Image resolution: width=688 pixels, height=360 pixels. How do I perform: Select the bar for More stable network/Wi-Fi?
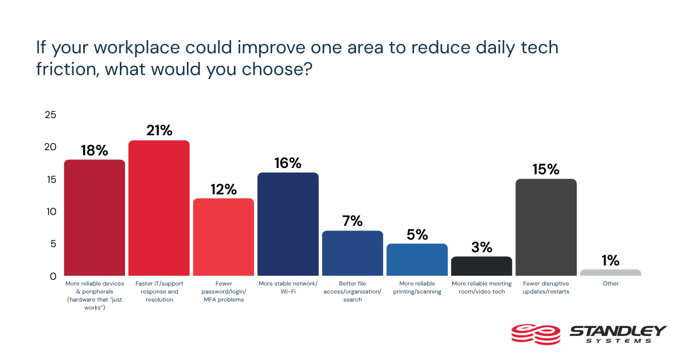(288, 224)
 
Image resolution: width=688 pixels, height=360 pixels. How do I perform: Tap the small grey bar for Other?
(611, 273)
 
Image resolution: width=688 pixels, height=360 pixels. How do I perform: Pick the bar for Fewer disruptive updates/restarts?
(546, 228)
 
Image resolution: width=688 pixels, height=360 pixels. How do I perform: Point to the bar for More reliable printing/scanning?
(417, 260)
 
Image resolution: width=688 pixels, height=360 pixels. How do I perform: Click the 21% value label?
(159, 131)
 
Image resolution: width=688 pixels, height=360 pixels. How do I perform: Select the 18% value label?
(94, 150)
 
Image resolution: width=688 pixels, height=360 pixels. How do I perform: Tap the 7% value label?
(353, 221)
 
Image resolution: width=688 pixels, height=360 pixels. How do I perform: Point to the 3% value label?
(482, 247)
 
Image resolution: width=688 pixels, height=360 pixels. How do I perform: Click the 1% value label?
(611, 260)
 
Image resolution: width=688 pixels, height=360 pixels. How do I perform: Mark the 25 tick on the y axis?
(50, 115)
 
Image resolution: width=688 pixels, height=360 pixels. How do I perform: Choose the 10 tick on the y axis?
(50, 212)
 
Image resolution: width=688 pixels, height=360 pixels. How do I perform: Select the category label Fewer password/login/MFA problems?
(223, 291)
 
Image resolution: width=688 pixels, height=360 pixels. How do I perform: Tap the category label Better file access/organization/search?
(353, 291)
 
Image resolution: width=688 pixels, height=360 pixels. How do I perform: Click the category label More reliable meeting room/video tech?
(482, 287)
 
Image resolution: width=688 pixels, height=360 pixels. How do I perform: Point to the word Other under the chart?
(610, 283)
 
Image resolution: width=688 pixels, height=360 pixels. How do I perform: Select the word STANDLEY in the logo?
(617, 331)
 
